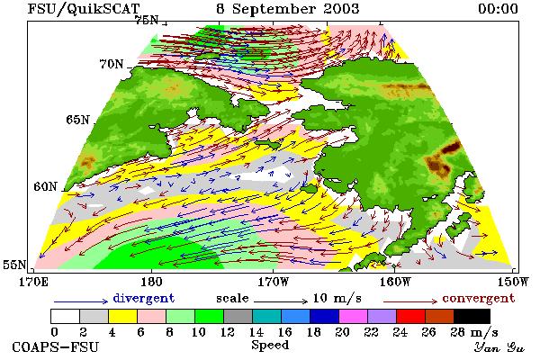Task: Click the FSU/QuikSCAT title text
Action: click(84, 9)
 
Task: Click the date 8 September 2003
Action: click(288, 9)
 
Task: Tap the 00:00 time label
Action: click(498, 9)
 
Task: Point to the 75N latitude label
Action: click(147, 21)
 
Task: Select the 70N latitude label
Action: click(112, 64)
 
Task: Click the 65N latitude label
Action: click(77, 120)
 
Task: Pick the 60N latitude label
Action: click(45, 186)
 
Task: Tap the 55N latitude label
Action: click(14, 265)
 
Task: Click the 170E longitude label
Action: click(33, 282)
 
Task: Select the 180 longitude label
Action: click(151, 282)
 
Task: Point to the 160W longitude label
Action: click(395, 282)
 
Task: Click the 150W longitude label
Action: click(513, 282)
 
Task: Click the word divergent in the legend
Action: click(144, 298)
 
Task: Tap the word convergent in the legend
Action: click(479, 298)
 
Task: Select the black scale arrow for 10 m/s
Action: click(281, 301)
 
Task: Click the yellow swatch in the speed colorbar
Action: click(123, 316)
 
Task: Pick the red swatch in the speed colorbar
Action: click(411, 316)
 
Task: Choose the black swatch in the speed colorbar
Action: click(472, 316)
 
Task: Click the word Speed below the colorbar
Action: click(270, 346)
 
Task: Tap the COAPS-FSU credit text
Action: click(56, 346)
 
